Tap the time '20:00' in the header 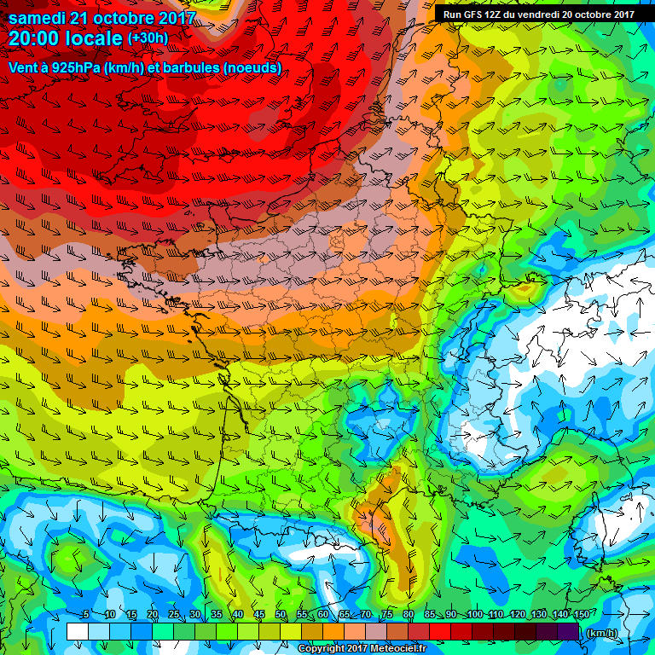pos(35,38)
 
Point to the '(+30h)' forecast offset pos(148,38)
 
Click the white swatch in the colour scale pos(77,632)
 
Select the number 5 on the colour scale pos(86,615)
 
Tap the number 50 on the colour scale pos(281,615)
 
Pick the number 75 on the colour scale pos(387,615)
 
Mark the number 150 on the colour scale pos(581,615)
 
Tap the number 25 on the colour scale pos(173,615)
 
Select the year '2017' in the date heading pos(175,18)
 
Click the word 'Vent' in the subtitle pos(22,67)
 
